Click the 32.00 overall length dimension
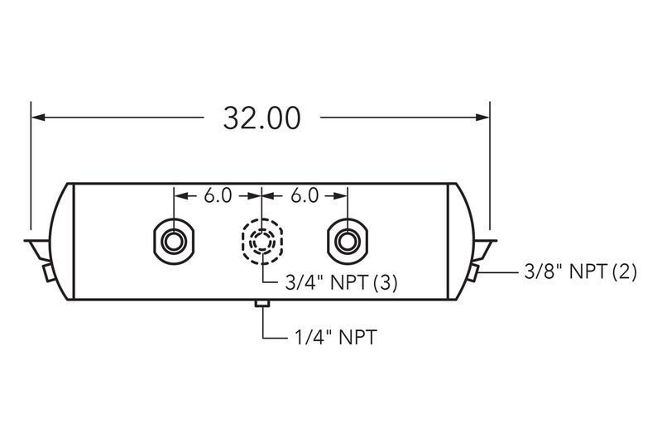pos(261,118)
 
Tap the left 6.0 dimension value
pos(218,196)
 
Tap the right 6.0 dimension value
pos(305,196)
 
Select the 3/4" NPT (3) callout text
pos(341,283)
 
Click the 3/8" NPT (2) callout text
pos(580,271)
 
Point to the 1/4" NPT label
pos(335,338)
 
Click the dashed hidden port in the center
pos(261,242)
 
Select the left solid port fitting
pos(174,242)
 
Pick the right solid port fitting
pos(348,242)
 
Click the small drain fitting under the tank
pos(262,304)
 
